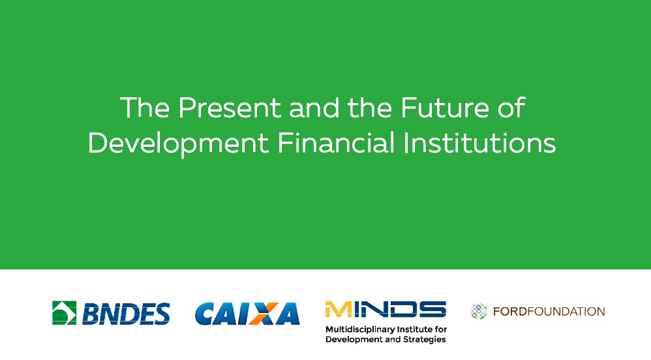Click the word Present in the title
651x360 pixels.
(x=230, y=108)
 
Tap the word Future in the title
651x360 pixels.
(x=446, y=108)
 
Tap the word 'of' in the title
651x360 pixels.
(x=512, y=108)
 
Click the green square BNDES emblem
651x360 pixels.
(x=65, y=312)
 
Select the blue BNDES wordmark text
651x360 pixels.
(x=126, y=314)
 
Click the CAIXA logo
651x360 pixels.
(x=247, y=314)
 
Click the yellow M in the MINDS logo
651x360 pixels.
(x=339, y=309)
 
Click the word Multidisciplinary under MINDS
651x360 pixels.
(x=360, y=330)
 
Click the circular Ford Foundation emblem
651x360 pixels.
(x=478, y=312)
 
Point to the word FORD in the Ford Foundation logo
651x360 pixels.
(x=510, y=312)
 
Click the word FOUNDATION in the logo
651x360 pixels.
(x=566, y=312)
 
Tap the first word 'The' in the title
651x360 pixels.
(x=145, y=108)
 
